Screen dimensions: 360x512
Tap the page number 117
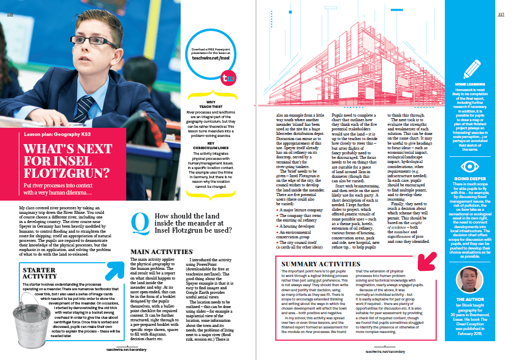pos(500,14)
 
